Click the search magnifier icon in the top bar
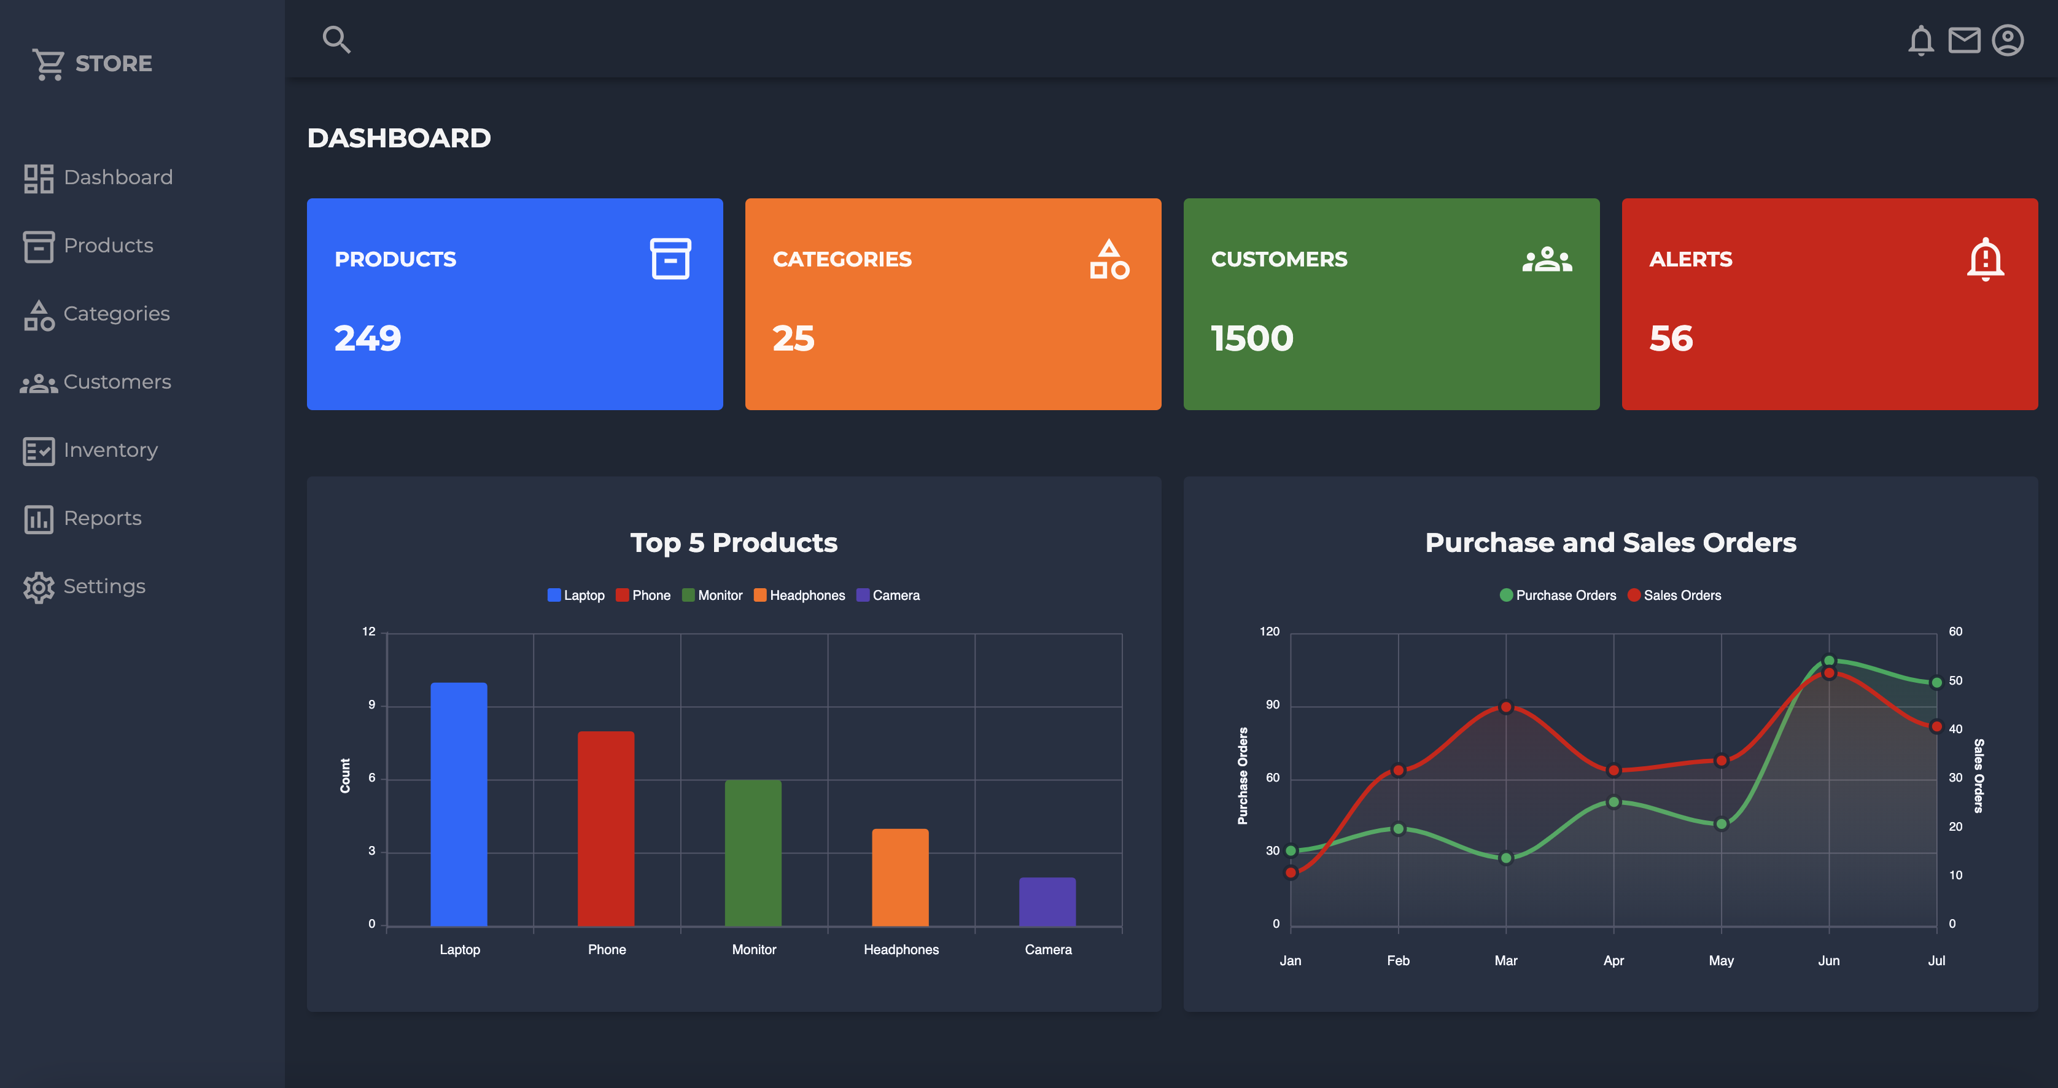coord(336,39)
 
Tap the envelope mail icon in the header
coord(1963,40)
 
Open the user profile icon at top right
coord(2007,40)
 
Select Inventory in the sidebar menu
coord(111,451)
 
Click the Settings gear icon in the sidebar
coord(38,587)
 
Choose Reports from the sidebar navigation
coord(103,518)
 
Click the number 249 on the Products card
coord(368,338)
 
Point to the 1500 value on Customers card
coord(1252,338)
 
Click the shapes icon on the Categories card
coord(1109,259)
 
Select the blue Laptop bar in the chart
coord(459,804)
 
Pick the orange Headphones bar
coord(899,877)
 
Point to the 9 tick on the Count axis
coord(371,705)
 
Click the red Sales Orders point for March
coord(1505,707)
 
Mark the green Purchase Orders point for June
coord(1829,661)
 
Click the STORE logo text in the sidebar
coord(114,63)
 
